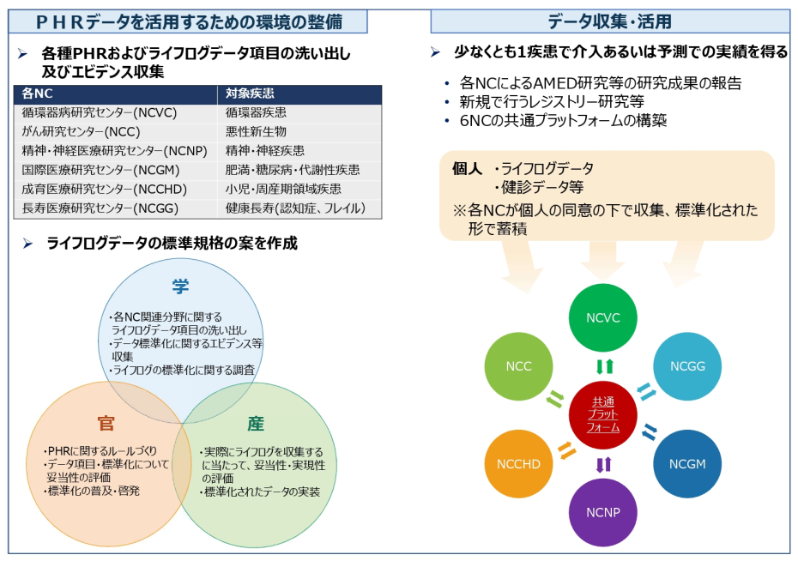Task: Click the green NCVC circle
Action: [x=602, y=318]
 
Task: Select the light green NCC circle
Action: [x=518, y=366]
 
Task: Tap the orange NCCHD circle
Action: [x=518, y=464]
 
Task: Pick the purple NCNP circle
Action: [x=602, y=512]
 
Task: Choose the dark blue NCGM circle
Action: [x=687, y=464]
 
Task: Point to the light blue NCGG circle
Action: [x=687, y=366]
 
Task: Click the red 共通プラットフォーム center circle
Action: [x=602, y=415]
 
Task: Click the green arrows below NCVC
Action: [x=605, y=366]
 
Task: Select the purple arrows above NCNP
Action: [x=603, y=464]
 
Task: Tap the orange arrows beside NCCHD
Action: [x=566, y=450]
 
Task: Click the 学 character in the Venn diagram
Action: [x=180, y=287]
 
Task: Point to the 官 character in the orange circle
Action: [x=106, y=423]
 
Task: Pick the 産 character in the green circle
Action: [x=256, y=423]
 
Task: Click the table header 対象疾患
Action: [x=250, y=93]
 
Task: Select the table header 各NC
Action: [x=37, y=93]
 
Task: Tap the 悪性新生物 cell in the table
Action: [x=256, y=132]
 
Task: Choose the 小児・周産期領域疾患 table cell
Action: [x=283, y=190]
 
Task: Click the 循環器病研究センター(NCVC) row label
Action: [x=100, y=112]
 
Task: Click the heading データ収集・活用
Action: [x=609, y=21]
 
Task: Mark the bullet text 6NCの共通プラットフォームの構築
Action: [x=563, y=121]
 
